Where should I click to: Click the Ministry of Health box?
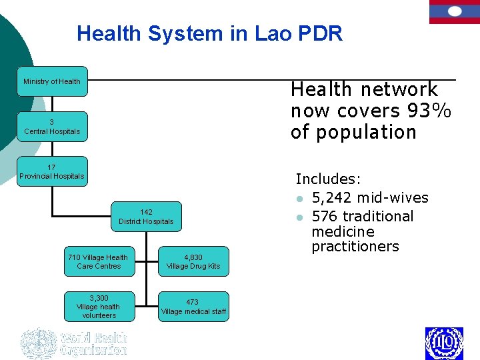(52, 81)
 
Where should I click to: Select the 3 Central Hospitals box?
(52, 127)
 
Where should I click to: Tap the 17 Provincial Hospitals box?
(52, 171)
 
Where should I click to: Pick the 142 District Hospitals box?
(146, 217)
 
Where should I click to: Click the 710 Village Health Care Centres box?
(98, 261)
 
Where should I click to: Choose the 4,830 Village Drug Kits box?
(193, 261)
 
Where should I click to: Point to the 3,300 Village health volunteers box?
(98, 307)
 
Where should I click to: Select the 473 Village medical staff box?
(193, 307)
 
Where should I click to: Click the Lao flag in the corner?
(454, 11)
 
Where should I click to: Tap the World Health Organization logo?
(73, 343)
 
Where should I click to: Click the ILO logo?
(444, 343)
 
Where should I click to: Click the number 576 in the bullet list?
(325, 216)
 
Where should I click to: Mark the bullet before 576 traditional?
(301, 217)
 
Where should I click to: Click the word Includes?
(328, 179)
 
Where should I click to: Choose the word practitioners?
(355, 247)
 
